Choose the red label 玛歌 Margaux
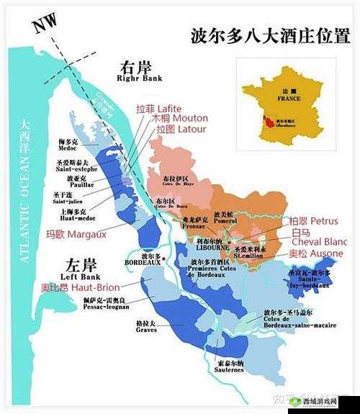click(x=76, y=233)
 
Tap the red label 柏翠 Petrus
click(x=313, y=220)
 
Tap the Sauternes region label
click(x=229, y=368)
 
